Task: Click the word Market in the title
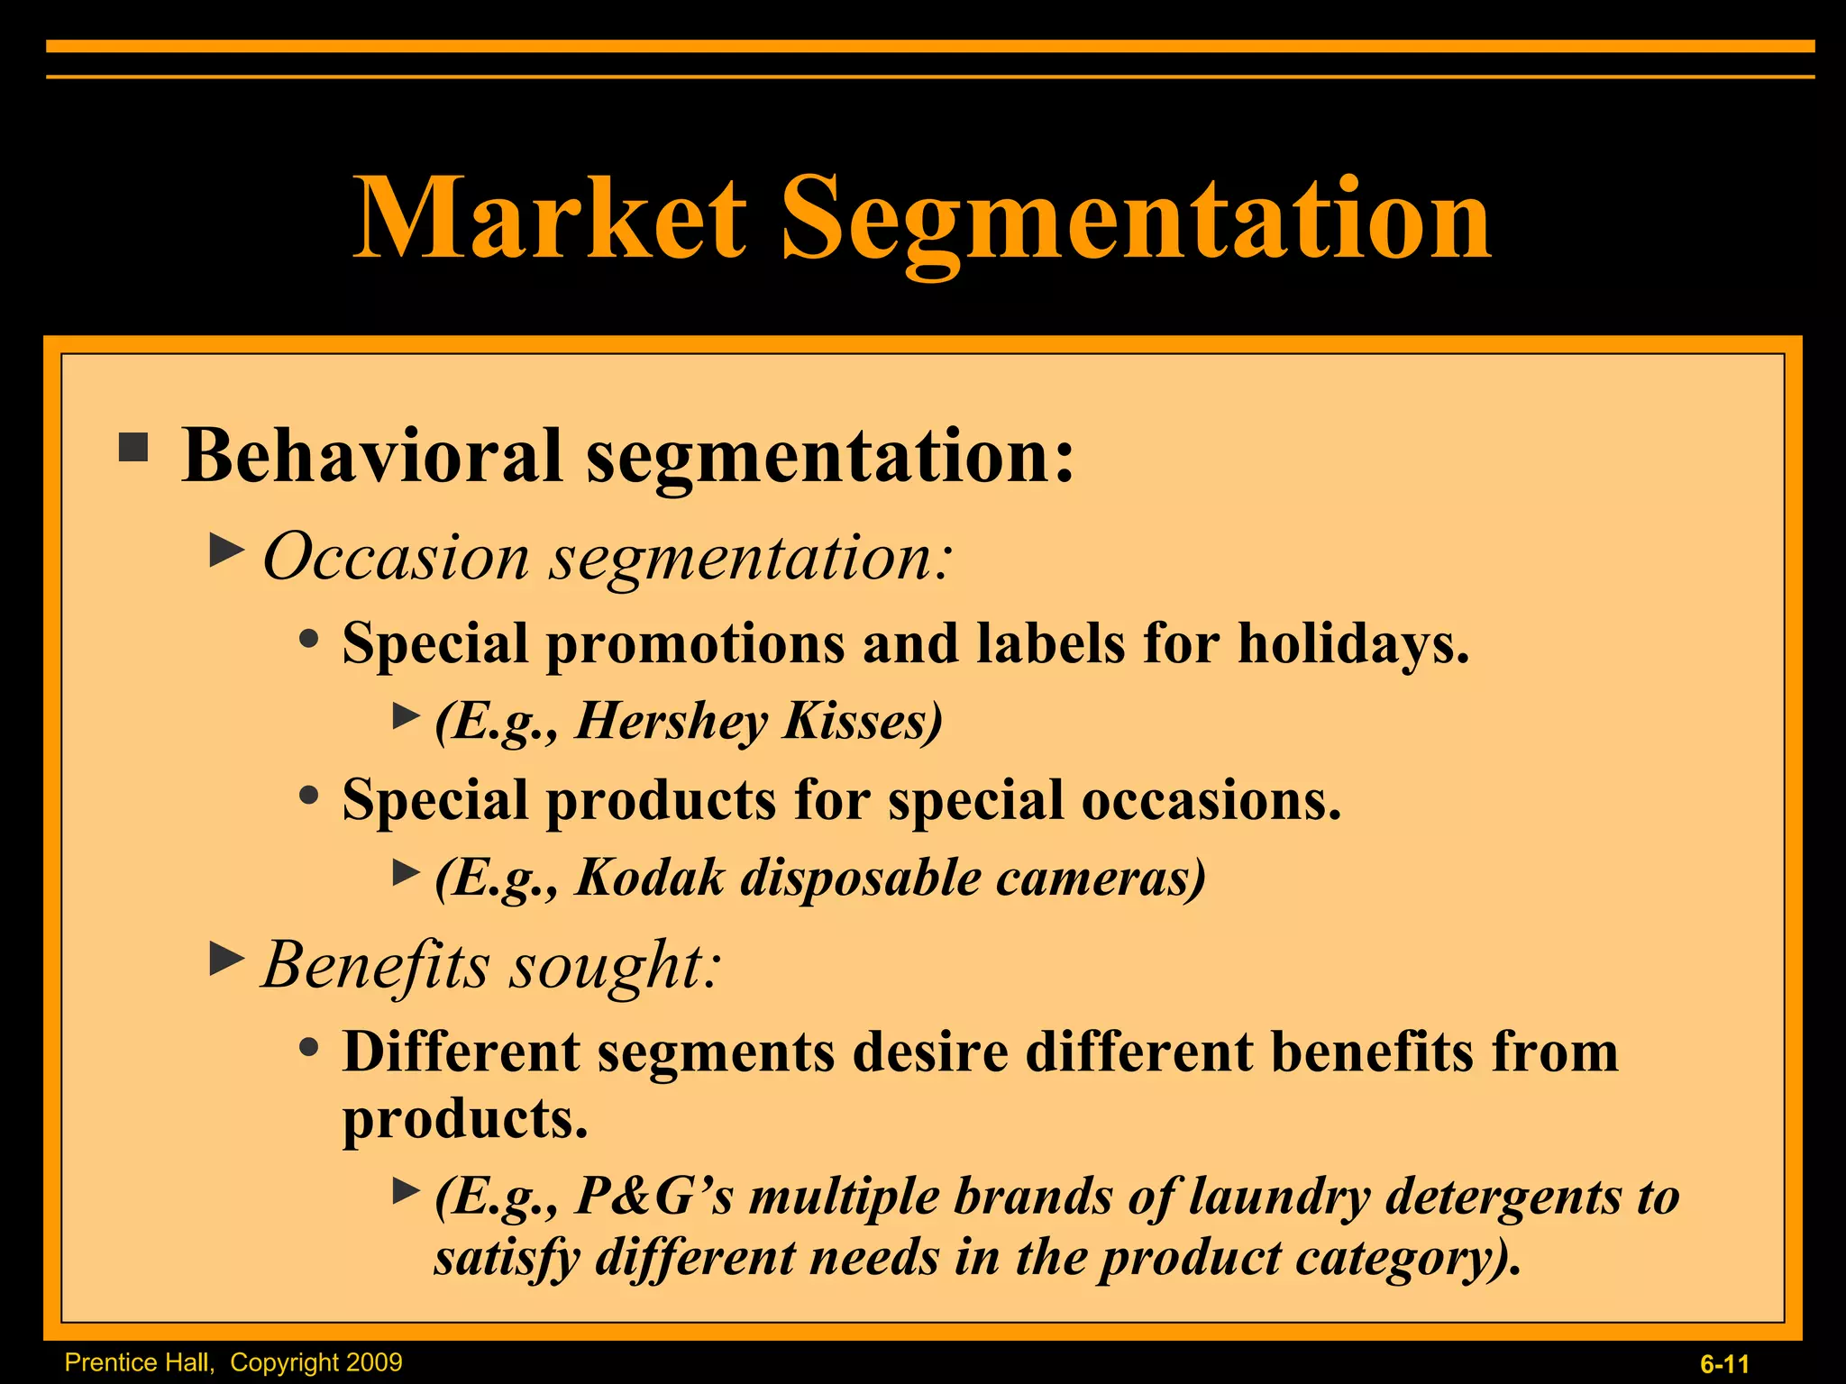pyautogui.click(x=550, y=219)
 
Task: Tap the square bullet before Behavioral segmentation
pyautogui.click(x=133, y=448)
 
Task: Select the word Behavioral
pyautogui.click(x=372, y=456)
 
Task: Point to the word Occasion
pyautogui.click(x=396, y=557)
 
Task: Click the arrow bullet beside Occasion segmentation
pyautogui.click(x=226, y=550)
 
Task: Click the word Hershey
pyautogui.click(x=672, y=721)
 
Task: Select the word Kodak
pyautogui.click(x=650, y=878)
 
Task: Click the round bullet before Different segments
pyautogui.click(x=309, y=1047)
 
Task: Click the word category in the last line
pyautogui.click(x=1407, y=1258)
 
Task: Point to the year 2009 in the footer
pyautogui.click(x=375, y=1362)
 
